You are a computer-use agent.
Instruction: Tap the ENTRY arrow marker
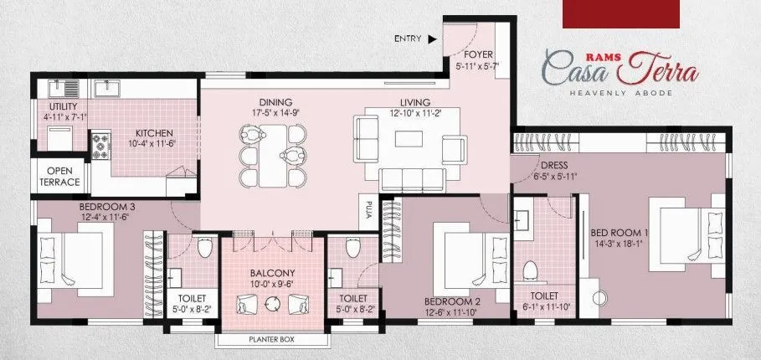tap(432, 39)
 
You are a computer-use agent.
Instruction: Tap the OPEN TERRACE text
tap(59, 177)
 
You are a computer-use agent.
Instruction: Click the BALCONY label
tap(271, 273)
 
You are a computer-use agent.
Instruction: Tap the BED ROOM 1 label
tap(620, 232)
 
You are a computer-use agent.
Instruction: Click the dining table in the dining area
tap(271, 155)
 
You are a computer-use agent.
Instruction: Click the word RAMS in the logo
tap(562, 50)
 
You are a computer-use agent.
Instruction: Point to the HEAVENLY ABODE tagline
tap(620, 93)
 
